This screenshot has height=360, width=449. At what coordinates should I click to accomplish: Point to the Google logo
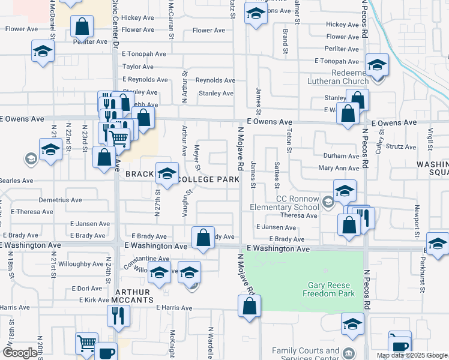point(20,353)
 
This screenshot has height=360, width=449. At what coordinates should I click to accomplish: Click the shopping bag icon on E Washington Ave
point(203,237)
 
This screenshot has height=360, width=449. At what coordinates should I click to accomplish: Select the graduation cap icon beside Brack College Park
point(167,174)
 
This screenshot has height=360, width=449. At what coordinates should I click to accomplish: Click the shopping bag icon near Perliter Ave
point(82,26)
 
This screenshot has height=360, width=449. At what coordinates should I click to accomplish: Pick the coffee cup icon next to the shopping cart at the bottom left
point(107,352)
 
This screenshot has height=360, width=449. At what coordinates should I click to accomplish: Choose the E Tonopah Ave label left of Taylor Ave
point(143,54)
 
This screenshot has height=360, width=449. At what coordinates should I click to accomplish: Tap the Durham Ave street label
point(341,156)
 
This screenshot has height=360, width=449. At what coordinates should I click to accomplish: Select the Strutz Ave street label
point(402,146)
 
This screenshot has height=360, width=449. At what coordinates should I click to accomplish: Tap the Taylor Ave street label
point(139,67)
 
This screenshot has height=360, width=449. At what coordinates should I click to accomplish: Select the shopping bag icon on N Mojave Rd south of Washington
point(249,306)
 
